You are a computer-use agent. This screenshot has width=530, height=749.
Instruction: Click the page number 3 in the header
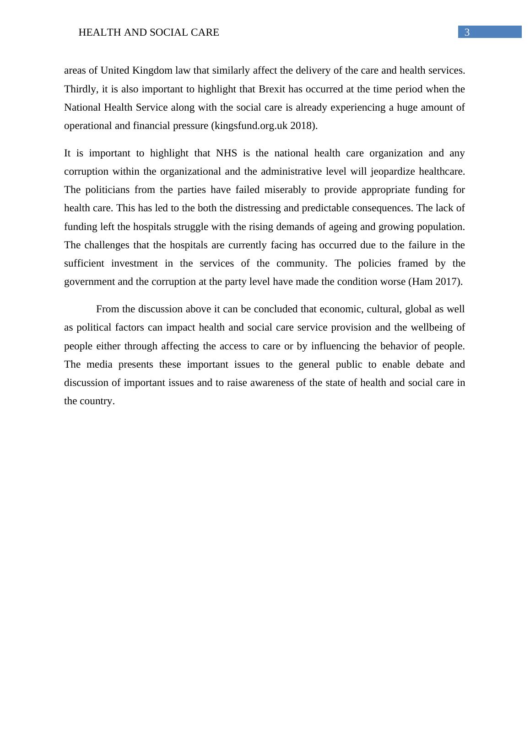[x=467, y=32]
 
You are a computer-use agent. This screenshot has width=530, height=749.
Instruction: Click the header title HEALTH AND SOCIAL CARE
[x=149, y=32]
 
